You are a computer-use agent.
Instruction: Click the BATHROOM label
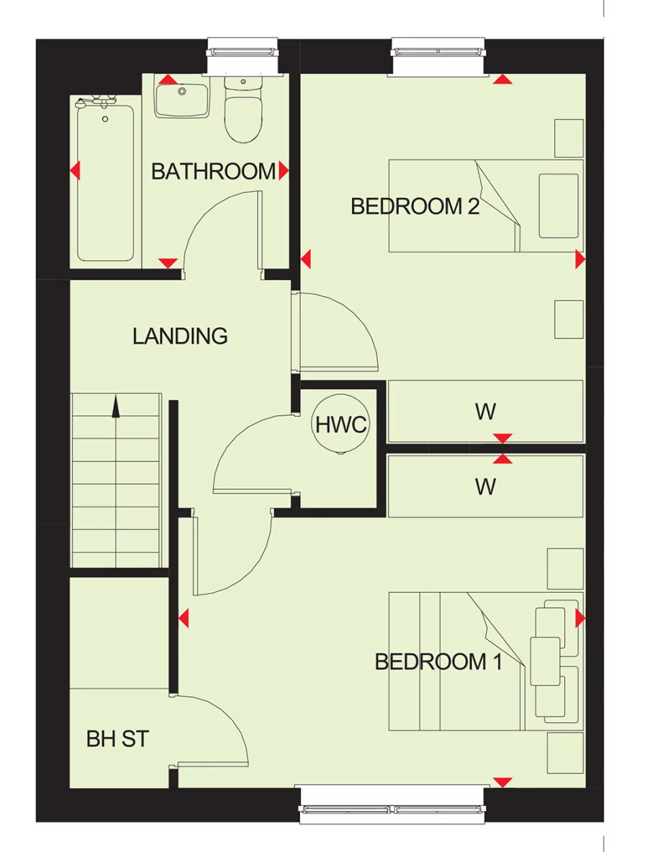coord(213,171)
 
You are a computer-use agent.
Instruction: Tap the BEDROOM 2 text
coord(415,207)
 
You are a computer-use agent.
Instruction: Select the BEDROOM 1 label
coord(438,662)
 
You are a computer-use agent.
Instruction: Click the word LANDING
coord(180,336)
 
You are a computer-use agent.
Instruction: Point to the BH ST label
coord(117,739)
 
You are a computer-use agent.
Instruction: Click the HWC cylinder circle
coord(341,425)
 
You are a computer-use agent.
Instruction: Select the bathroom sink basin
coord(182,100)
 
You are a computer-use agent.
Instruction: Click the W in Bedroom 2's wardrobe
coord(485,412)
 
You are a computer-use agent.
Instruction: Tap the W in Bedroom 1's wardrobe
coord(485,488)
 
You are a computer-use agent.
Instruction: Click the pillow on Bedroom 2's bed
coord(558,205)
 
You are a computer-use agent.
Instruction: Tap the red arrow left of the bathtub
coord(75,171)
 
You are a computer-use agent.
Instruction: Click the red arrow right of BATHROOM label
coord(284,171)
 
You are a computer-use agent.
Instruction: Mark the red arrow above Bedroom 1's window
coord(502,782)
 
